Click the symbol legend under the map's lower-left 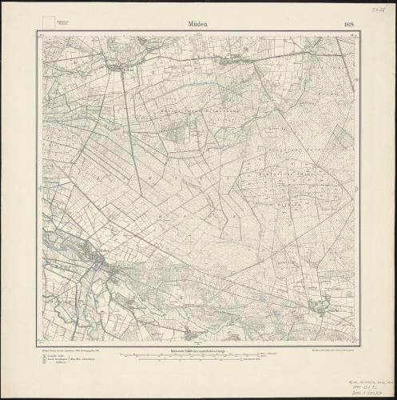pyautogui.click(x=60, y=359)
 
